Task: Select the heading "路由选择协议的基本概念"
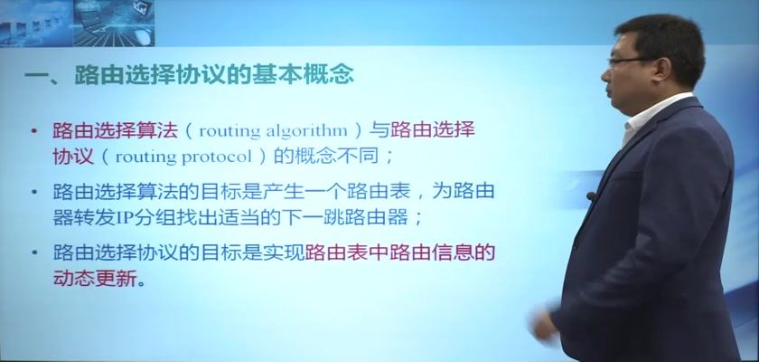(x=214, y=75)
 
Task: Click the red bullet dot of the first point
(x=33, y=131)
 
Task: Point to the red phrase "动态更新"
(x=95, y=279)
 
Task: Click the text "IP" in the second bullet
(x=125, y=218)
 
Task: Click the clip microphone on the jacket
(x=591, y=195)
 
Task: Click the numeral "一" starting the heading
(x=36, y=76)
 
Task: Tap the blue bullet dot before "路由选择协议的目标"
(x=33, y=253)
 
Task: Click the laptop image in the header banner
(x=114, y=24)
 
